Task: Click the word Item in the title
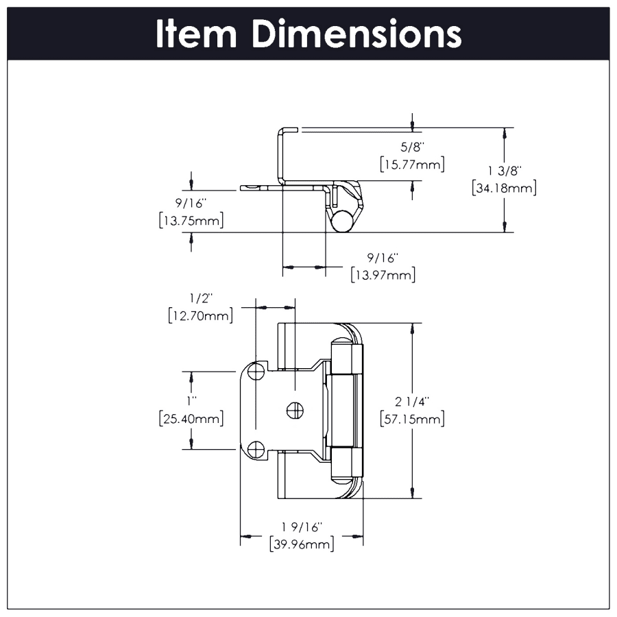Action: point(197,34)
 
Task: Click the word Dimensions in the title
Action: point(356,34)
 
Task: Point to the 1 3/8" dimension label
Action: point(504,169)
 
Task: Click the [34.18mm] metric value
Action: point(504,187)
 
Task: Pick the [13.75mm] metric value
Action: point(191,221)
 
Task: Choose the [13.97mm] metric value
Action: point(383,276)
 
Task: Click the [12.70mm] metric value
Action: point(201,315)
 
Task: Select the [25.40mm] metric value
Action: point(191,418)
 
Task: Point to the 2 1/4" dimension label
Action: point(412,402)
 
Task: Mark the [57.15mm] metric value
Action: point(412,420)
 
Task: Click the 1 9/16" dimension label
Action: point(301,527)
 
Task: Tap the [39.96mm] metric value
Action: point(301,545)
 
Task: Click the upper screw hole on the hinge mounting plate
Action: point(256,372)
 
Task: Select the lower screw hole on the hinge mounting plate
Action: point(256,450)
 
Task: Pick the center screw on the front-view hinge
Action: point(293,411)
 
